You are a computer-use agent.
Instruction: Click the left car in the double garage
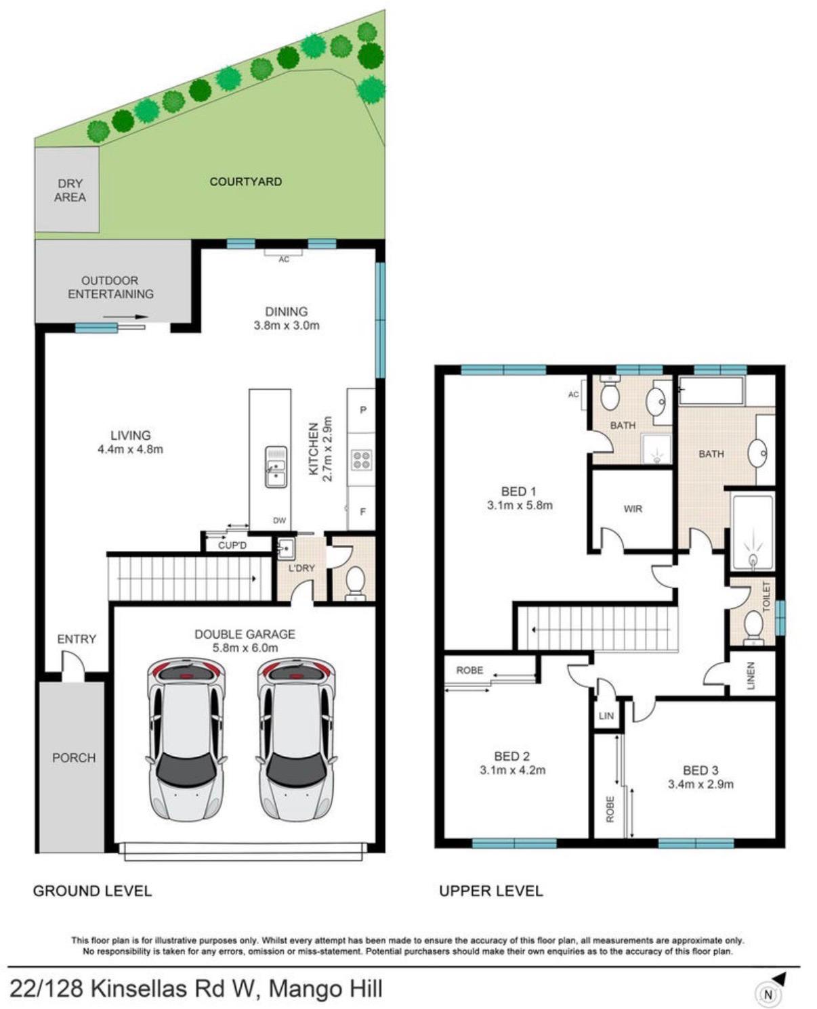(186, 740)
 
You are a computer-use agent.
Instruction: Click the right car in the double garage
(296, 740)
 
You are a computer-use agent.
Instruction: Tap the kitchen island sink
(276, 467)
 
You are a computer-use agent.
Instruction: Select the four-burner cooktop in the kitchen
(361, 459)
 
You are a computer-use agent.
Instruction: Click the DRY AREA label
(70, 190)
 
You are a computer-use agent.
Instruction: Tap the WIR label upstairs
(633, 509)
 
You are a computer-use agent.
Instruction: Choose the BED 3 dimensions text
(700, 784)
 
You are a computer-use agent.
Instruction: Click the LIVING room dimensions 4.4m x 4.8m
(130, 449)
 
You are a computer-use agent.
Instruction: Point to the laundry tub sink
(286, 549)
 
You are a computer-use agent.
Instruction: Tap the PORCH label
(74, 758)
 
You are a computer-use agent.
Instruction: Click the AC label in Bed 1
(573, 394)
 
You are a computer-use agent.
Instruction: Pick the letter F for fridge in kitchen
(363, 511)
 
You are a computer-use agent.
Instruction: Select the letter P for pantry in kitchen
(363, 410)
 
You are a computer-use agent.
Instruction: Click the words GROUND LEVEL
(92, 891)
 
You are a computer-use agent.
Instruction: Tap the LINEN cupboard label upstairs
(750, 675)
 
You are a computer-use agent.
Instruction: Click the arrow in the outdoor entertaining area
(125, 317)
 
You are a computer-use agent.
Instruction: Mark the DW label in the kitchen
(279, 520)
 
